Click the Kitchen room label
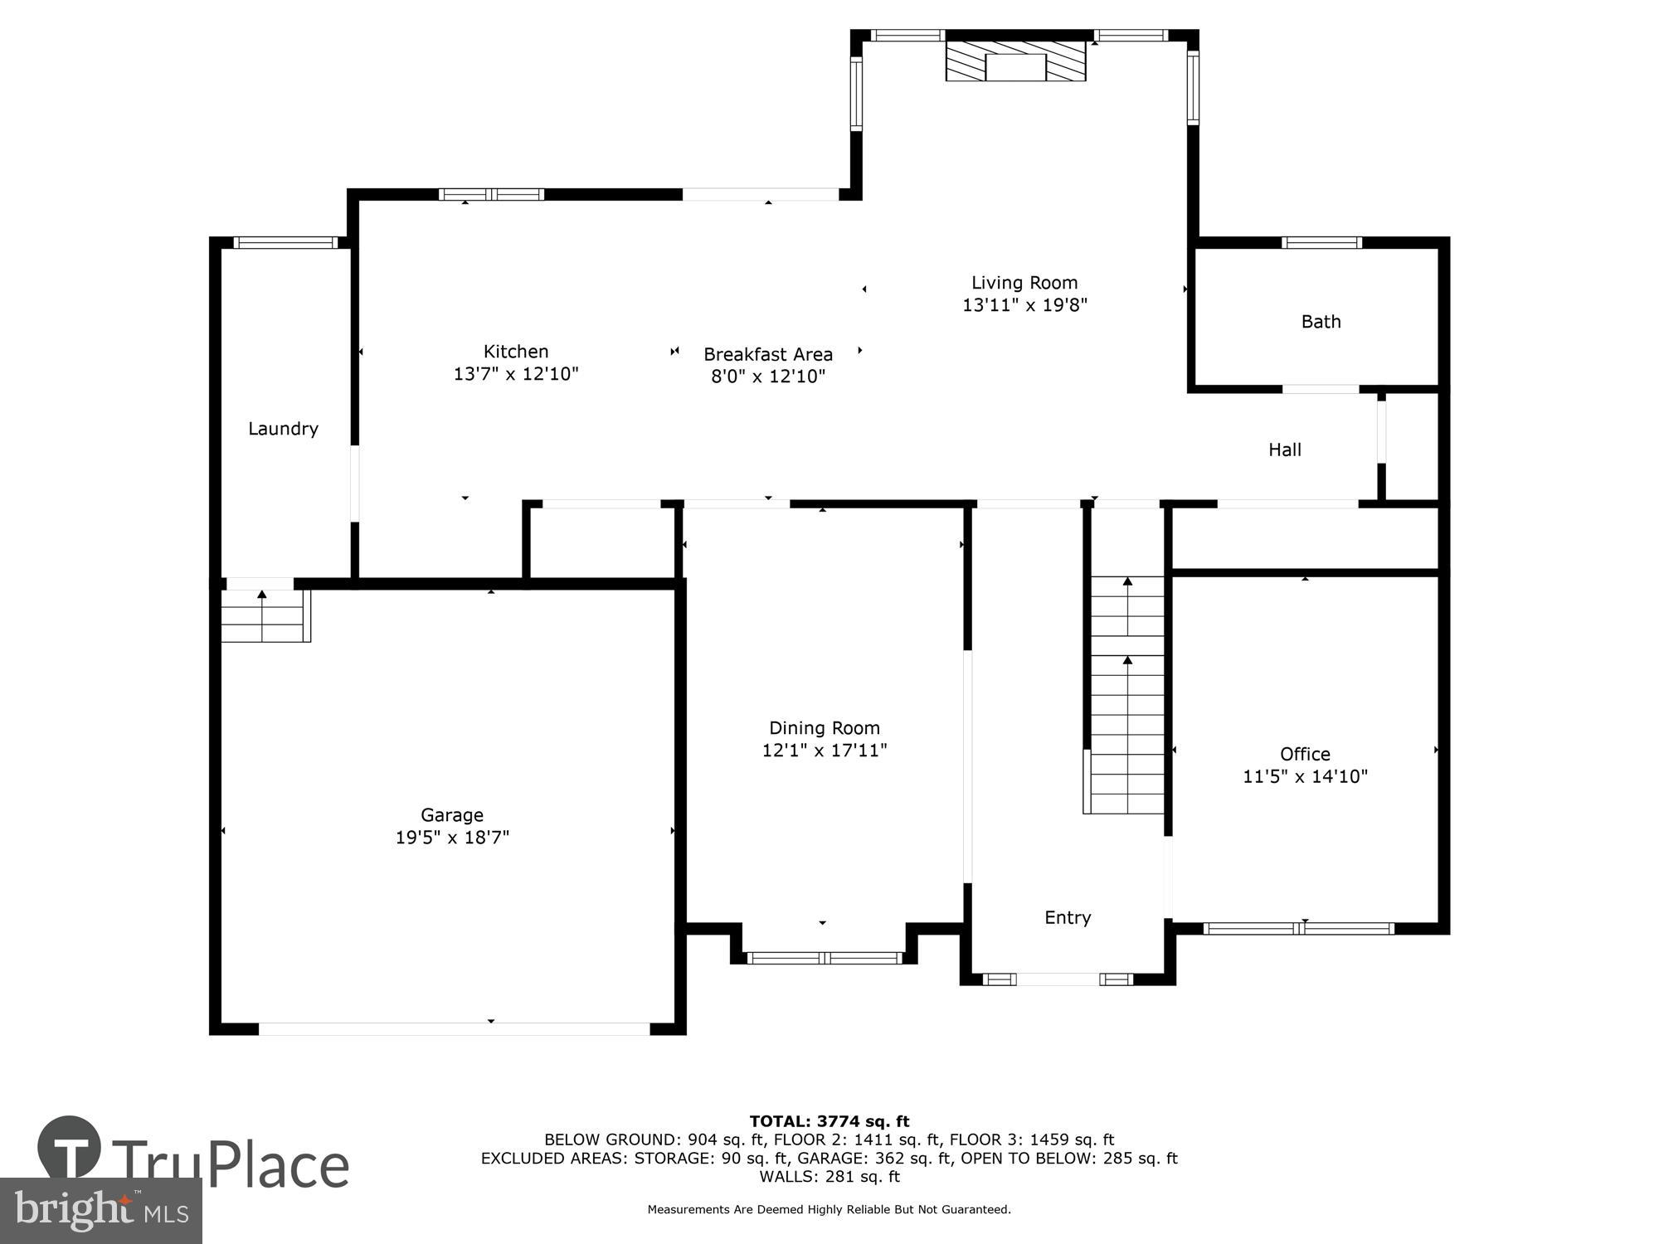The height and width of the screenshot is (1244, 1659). (x=516, y=352)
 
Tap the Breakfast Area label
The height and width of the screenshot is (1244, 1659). (x=768, y=354)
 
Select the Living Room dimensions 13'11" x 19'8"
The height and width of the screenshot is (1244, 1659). (x=1024, y=305)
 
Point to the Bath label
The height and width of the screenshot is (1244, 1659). (x=1321, y=322)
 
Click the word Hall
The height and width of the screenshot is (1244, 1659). (x=1284, y=449)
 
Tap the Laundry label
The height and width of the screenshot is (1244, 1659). (x=283, y=429)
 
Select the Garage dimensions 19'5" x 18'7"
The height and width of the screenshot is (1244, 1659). (x=452, y=838)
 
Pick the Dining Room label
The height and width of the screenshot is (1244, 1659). (x=824, y=728)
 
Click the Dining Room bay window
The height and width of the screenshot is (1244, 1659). (x=824, y=958)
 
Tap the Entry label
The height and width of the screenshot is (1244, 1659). (x=1068, y=917)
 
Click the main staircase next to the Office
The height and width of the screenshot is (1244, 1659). (x=1126, y=697)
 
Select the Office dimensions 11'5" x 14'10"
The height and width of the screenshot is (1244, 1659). (x=1305, y=776)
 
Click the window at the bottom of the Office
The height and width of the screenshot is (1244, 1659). (x=1298, y=928)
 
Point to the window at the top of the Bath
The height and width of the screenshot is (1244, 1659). (x=1321, y=243)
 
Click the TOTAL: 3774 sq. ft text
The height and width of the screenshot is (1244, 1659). (x=829, y=1121)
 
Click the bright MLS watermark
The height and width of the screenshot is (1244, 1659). (x=101, y=1211)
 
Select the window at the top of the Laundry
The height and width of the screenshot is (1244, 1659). (x=285, y=243)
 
